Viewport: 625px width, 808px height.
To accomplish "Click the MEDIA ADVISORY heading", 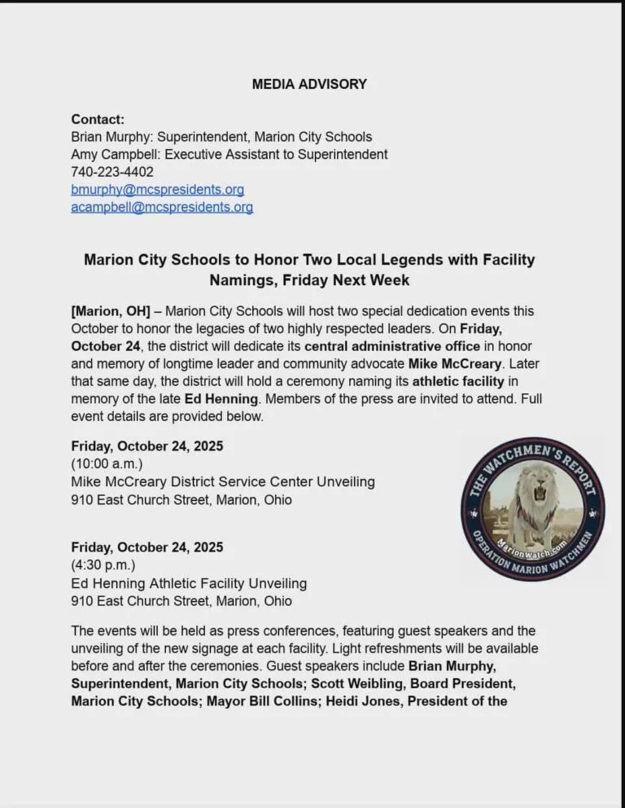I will [309, 84].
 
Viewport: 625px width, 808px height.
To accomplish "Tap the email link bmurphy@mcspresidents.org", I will [157, 190].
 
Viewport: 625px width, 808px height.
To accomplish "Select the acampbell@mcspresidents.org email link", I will [162, 208].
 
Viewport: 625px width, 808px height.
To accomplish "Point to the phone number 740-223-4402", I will [112, 172].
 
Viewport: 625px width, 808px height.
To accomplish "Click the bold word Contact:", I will [98, 119].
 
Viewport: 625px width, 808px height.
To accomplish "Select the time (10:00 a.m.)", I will [107, 463].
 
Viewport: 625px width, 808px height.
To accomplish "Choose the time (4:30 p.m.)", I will [103, 564].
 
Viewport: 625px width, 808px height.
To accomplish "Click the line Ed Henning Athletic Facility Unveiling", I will [189, 583].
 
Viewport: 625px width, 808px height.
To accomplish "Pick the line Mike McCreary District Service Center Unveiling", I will [223, 481].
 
